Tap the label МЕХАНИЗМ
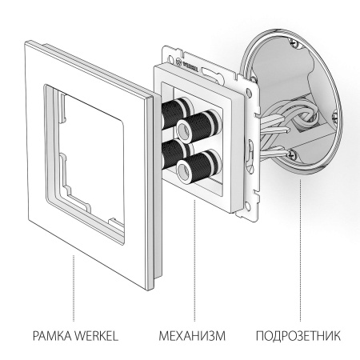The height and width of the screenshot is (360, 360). pyautogui.click(x=191, y=332)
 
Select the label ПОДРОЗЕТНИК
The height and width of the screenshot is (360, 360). pyautogui.click(x=298, y=332)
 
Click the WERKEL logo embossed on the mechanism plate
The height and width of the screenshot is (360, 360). pyautogui.click(x=191, y=57)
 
